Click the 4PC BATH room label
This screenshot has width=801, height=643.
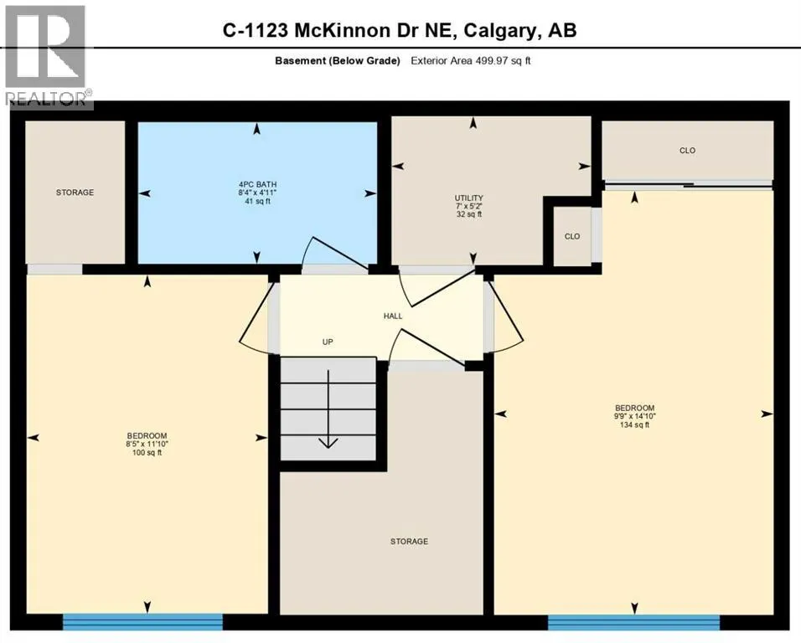[x=257, y=185]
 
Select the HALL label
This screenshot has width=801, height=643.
[x=393, y=316]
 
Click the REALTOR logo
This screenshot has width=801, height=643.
[x=47, y=55]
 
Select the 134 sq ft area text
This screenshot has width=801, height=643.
[x=633, y=424]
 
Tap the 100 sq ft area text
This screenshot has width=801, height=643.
[x=147, y=452]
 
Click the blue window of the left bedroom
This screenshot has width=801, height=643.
[x=142, y=621]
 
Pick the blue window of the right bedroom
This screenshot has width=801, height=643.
[x=633, y=621]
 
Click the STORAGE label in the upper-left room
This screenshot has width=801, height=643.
[x=75, y=193]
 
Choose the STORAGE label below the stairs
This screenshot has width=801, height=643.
[x=409, y=542]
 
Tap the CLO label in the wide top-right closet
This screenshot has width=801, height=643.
[x=687, y=151]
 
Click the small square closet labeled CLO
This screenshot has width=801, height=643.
[x=572, y=236]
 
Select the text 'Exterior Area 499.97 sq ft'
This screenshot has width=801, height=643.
[x=471, y=60]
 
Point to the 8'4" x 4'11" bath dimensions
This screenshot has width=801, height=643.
[x=257, y=193]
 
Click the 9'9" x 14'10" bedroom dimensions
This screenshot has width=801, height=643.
[x=633, y=416]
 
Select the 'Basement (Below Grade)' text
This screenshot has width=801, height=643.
[x=337, y=60]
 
